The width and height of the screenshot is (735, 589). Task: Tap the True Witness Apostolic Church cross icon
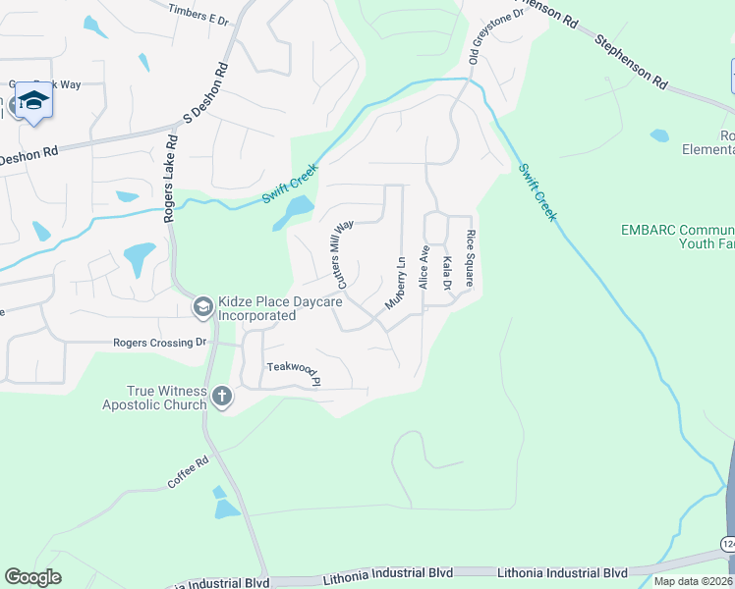click(222, 397)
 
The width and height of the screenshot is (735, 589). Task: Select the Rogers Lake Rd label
click(171, 178)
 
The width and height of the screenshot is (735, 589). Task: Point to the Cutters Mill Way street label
click(344, 254)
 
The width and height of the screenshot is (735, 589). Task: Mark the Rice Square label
click(471, 258)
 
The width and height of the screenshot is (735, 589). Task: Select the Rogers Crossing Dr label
click(160, 343)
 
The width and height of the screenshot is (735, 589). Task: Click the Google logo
click(32, 577)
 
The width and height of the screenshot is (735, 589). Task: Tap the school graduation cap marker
click(34, 102)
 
